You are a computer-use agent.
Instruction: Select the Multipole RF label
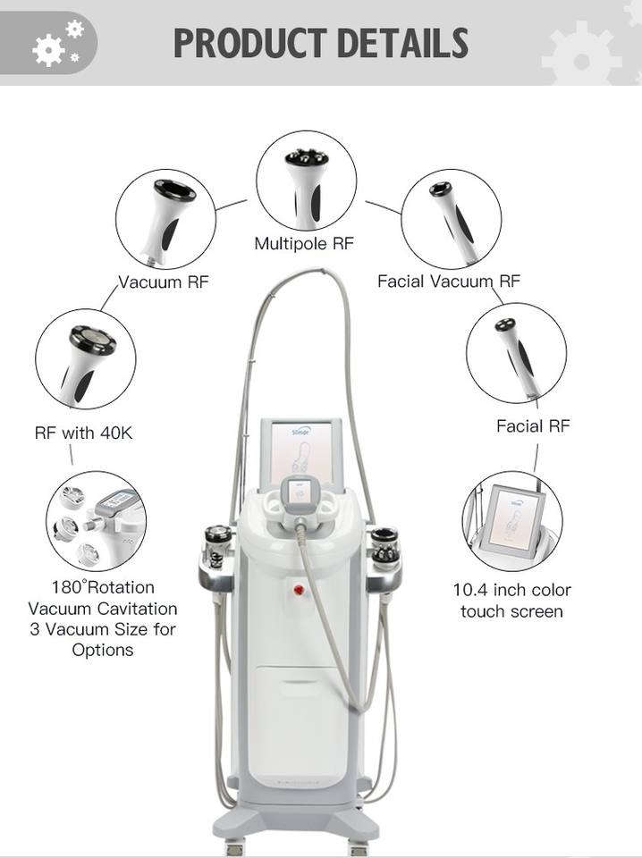[x=304, y=242]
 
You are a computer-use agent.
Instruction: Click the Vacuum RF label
[x=164, y=282]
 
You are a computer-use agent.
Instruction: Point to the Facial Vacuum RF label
[x=448, y=282]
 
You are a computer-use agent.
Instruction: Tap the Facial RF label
[x=533, y=425]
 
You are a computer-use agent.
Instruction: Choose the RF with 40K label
[x=83, y=433]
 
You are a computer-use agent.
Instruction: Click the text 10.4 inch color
[x=511, y=590]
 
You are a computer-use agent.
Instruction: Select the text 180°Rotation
[x=103, y=587]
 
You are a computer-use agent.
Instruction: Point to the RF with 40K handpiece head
[x=91, y=341]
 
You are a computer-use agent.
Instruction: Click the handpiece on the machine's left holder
[x=217, y=545]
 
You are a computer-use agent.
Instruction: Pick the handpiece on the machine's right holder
[x=385, y=545]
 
